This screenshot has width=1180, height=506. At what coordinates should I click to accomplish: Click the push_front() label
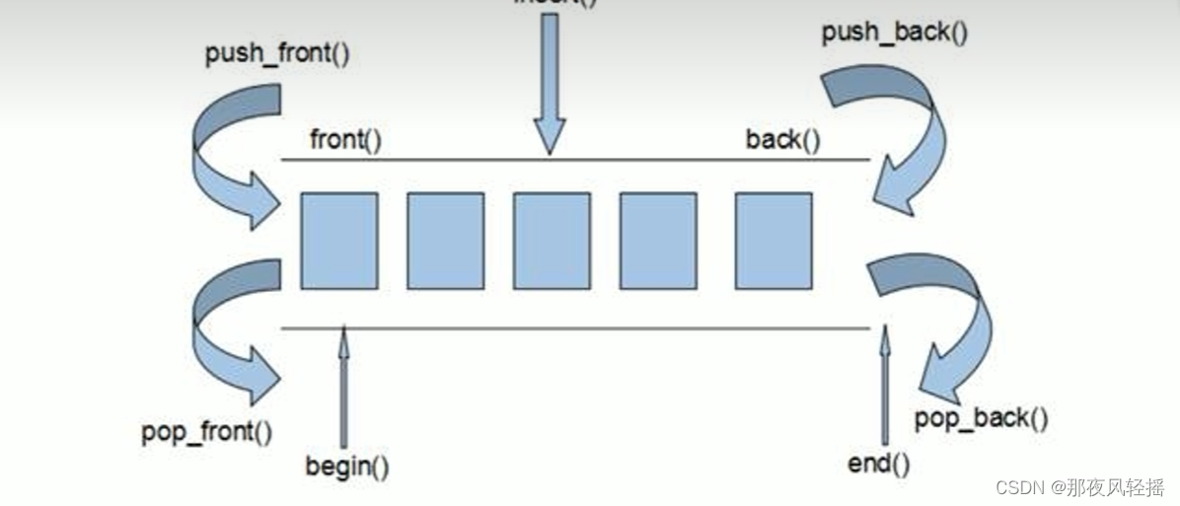coord(277,53)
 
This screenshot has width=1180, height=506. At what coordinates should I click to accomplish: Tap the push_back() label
coord(894,33)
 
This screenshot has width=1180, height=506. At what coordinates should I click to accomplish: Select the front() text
coord(345,140)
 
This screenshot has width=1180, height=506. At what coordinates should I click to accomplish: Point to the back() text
coord(782,140)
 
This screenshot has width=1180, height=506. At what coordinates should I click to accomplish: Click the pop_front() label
coord(206,431)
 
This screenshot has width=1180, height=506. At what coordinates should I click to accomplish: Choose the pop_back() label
coord(981,418)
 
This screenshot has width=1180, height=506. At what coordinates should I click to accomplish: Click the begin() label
coord(346,465)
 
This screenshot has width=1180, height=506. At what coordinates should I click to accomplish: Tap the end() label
coord(879,463)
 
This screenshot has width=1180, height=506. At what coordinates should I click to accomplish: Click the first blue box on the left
coord(339,241)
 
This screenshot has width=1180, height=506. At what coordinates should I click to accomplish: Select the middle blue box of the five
coord(552,241)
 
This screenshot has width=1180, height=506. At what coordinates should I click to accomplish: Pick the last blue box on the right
coord(774,241)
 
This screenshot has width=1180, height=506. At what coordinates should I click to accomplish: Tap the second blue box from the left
coord(445,241)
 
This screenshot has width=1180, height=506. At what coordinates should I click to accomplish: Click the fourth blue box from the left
coord(658,241)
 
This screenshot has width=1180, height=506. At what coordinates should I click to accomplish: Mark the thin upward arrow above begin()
coord(343,385)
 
